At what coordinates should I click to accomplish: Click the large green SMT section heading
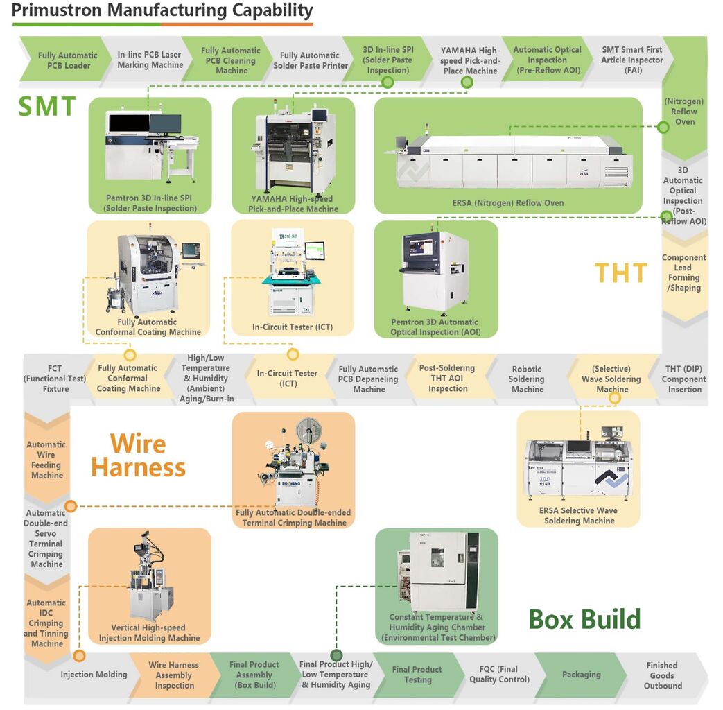point(47,106)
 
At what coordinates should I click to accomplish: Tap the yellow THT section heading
point(620,273)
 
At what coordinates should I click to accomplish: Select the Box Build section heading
point(584,619)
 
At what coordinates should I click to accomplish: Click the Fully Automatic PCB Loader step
point(68,60)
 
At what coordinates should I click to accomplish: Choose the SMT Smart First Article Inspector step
point(632,60)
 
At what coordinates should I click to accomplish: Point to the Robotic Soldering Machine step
point(527,379)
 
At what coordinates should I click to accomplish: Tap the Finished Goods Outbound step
point(662,675)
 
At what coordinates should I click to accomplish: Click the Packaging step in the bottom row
point(582,675)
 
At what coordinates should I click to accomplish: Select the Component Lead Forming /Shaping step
point(683,272)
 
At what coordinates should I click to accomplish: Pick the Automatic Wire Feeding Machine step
point(46,460)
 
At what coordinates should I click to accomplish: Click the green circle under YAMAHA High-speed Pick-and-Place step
point(467,83)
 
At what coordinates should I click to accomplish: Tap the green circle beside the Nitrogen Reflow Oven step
point(663,127)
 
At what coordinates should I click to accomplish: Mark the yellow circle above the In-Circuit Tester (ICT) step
point(293,354)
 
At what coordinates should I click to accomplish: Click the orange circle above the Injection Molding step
point(79,655)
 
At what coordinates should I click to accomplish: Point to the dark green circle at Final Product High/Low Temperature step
point(337,655)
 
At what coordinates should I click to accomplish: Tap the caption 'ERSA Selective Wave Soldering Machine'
point(579,516)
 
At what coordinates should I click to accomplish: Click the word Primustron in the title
point(56,10)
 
